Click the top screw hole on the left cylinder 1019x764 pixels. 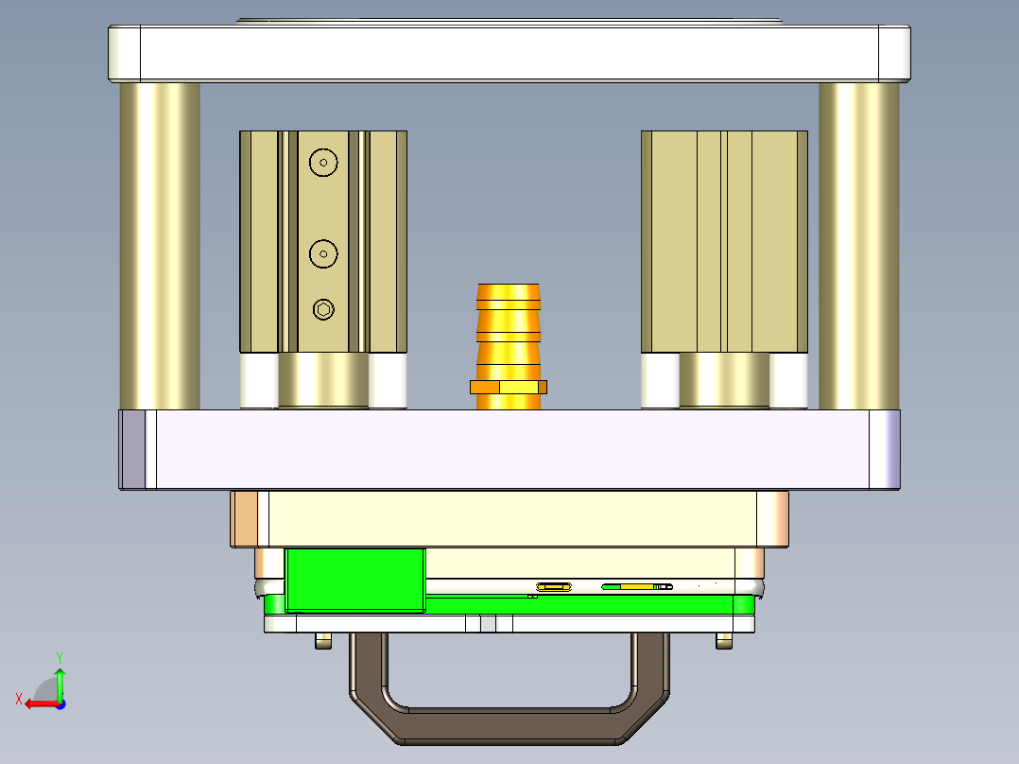point(324,163)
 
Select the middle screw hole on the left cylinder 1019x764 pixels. point(324,253)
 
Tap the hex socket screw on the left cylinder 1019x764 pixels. point(324,309)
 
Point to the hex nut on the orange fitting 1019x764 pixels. point(509,386)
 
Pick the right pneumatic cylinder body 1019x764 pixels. point(724,241)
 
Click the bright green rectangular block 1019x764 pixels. point(355,579)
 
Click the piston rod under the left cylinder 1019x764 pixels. point(323,380)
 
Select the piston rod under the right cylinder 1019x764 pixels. point(724,380)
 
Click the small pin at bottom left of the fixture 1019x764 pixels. point(323,641)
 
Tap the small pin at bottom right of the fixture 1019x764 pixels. point(724,641)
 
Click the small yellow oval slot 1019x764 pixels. point(554,587)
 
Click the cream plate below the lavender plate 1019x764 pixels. point(510,518)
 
